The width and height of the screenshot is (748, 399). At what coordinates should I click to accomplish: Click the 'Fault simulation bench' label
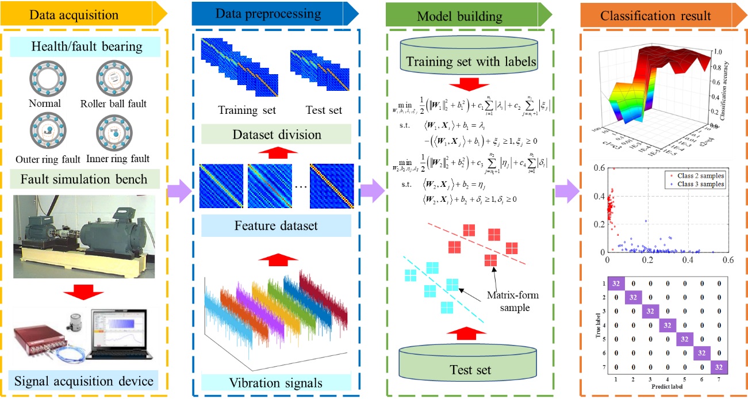[x=90, y=179]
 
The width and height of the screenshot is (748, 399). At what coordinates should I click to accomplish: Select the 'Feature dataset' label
[x=275, y=226]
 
